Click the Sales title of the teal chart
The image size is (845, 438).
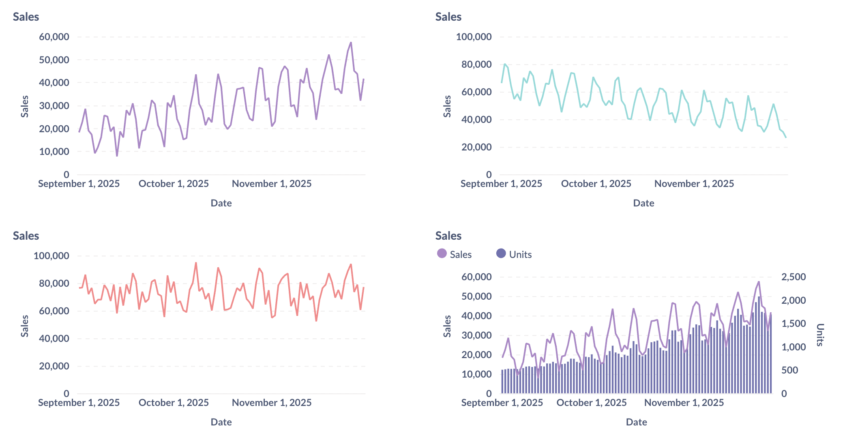(x=448, y=17)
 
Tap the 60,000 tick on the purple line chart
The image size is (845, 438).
(x=54, y=37)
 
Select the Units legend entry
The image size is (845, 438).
(x=514, y=254)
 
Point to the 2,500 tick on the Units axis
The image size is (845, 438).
(x=793, y=277)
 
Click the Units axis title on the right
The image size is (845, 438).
(x=819, y=335)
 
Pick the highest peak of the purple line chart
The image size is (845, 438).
(x=351, y=43)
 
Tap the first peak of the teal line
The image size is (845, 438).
(x=505, y=64)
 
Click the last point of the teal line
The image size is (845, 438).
(x=786, y=137)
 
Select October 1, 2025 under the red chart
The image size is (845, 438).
(x=174, y=403)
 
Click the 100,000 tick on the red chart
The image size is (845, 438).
(x=51, y=256)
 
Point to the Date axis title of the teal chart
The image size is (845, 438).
(x=643, y=203)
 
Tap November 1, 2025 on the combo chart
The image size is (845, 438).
(x=684, y=403)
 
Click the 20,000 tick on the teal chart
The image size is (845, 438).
(x=476, y=147)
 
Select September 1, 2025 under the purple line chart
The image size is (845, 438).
(x=79, y=184)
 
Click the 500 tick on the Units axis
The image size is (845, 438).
(x=789, y=370)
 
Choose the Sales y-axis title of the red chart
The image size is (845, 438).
(x=25, y=326)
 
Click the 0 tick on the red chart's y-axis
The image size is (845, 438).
(x=66, y=394)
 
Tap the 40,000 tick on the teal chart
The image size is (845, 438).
(x=476, y=120)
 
